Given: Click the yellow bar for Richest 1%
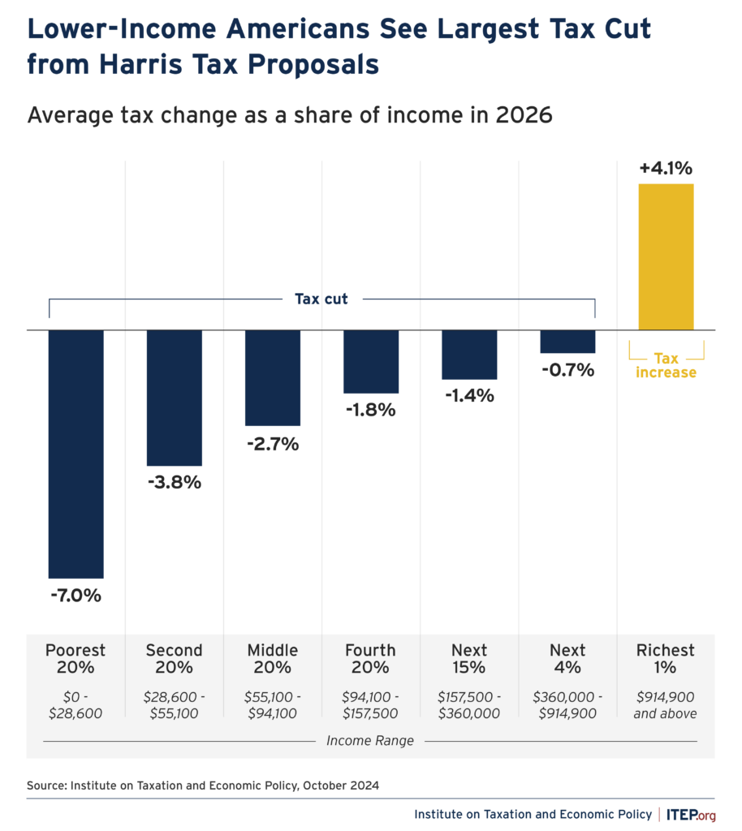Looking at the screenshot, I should (x=666, y=257).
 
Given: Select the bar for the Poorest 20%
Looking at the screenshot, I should (x=76, y=454).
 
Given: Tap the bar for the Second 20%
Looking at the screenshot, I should (x=174, y=398).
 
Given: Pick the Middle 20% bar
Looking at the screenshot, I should (x=273, y=377).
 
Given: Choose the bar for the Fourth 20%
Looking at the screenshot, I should (x=371, y=361).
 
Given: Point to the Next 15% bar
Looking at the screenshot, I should (x=469, y=355).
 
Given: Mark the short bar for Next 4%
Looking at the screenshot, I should (x=567, y=342).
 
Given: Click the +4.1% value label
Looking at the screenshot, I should (x=666, y=169).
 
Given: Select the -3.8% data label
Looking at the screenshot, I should (x=174, y=482).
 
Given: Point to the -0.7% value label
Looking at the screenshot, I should (x=567, y=370).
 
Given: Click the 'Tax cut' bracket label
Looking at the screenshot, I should (x=321, y=299).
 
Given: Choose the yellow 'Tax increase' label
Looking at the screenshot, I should (x=666, y=364).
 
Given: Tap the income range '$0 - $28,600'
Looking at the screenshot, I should (x=75, y=705).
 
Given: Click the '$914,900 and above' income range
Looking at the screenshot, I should (x=666, y=705).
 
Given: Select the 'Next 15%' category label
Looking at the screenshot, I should (x=469, y=659).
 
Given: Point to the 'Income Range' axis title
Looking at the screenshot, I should (x=370, y=741).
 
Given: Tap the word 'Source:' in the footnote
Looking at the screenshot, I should (x=47, y=785).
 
